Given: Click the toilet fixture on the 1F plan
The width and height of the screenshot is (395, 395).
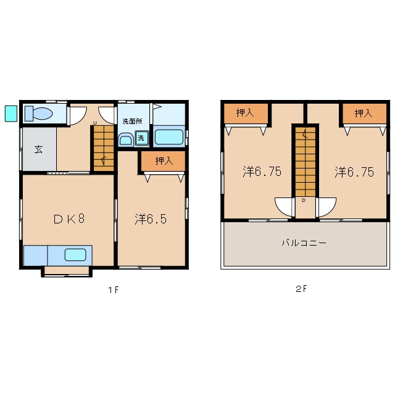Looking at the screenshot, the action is click(38, 114).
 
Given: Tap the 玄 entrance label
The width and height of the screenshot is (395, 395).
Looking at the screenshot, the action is click(38, 149).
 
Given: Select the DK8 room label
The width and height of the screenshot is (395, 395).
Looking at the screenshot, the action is click(69, 218).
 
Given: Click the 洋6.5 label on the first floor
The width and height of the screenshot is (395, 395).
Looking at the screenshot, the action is click(151, 218).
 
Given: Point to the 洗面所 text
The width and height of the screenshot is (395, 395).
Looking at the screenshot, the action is click(132, 122).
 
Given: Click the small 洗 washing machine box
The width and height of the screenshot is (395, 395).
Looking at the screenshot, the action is click(141, 138).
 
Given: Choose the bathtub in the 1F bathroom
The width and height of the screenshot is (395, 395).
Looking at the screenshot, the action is click(169, 137).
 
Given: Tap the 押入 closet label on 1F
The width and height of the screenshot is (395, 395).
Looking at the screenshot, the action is click(164, 160).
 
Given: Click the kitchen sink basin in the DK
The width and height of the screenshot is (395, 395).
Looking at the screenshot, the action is click(75, 255).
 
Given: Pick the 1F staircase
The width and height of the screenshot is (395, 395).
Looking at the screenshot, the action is click(104, 149).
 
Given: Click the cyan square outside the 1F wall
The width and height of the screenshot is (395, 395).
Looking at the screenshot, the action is click(11, 114).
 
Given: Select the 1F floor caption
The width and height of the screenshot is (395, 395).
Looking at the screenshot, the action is click(114, 290).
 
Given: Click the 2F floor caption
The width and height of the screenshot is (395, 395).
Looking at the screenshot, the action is click(301, 289).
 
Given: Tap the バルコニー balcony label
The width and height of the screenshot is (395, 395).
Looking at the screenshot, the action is click(304, 243).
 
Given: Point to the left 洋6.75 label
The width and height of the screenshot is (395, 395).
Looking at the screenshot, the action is click(262, 172).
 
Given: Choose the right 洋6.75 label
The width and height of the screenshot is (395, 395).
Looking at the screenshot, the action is click(354, 172).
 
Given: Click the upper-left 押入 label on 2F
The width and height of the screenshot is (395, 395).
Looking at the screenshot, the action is click(245, 112).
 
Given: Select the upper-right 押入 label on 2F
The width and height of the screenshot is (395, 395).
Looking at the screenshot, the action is click(364, 114).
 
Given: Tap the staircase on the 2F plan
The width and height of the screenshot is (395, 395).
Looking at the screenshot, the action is click(306, 162).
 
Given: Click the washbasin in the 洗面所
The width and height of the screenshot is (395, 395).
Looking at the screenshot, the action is click(126, 140).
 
